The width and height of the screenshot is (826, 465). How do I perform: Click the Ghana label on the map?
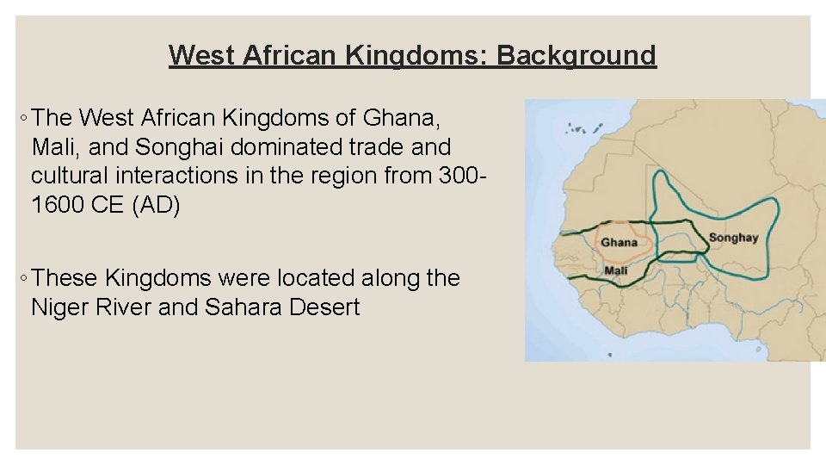[619, 242]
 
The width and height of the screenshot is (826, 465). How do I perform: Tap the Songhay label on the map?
[732, 238]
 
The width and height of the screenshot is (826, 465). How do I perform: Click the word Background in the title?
[576, 55]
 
